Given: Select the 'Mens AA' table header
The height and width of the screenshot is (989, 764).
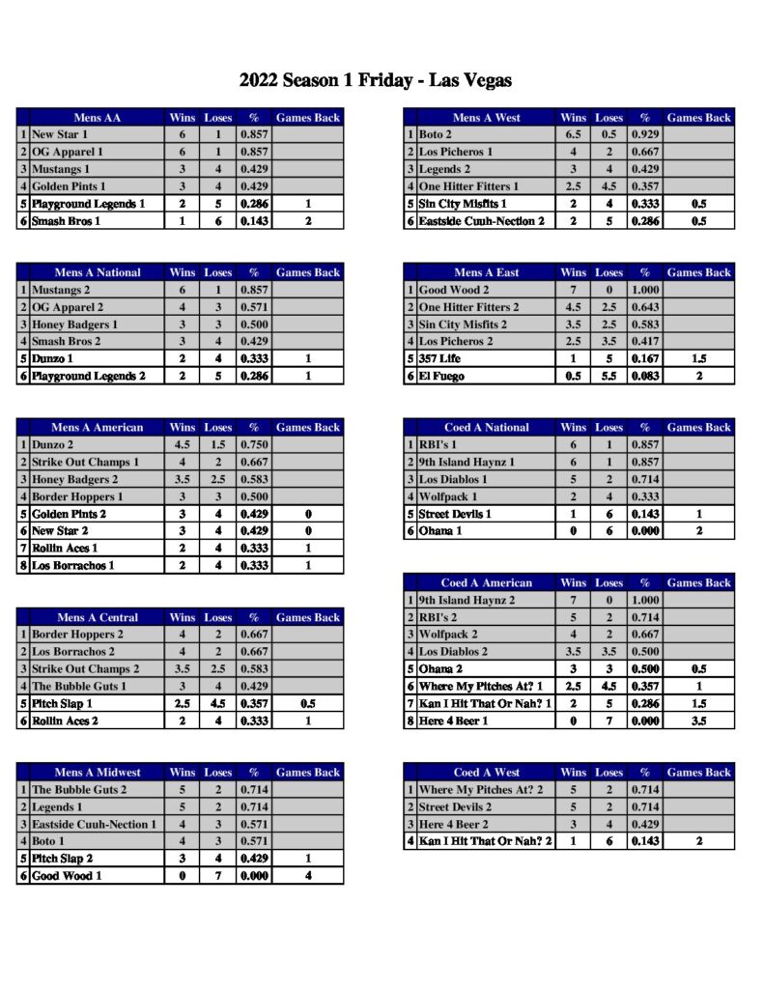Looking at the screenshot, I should pyautogui.click(x=97, y=118).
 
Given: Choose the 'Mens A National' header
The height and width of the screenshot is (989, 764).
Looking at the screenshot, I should pyautogui.click(x=97, y=272).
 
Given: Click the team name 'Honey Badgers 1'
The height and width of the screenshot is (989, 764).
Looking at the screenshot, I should pyautogui.click(x=74, y=325).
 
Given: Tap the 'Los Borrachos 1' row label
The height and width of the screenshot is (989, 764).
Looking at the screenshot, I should pyautogui.click(x=73, y=566).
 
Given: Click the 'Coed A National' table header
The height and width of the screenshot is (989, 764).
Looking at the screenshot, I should pyautogui.click(x=486, y=428).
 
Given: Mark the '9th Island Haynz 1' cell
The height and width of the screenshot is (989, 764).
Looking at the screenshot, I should pyautogui.click(x=467, y=463).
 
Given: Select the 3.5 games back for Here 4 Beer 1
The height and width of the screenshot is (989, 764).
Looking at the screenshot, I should pyautogui.click(x=698, y=721).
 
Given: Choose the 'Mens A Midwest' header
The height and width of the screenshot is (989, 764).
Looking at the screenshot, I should pyautogui.click(x=97, y=773).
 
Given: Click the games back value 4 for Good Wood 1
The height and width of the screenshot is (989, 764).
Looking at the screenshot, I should pyautogui.click(x=307, y=876).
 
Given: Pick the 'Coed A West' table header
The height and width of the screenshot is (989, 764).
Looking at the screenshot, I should pyautogui.click(x=486, y=773).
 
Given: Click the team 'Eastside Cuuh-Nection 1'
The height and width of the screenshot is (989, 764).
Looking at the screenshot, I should pyautogui.click(x=94, y=825).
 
